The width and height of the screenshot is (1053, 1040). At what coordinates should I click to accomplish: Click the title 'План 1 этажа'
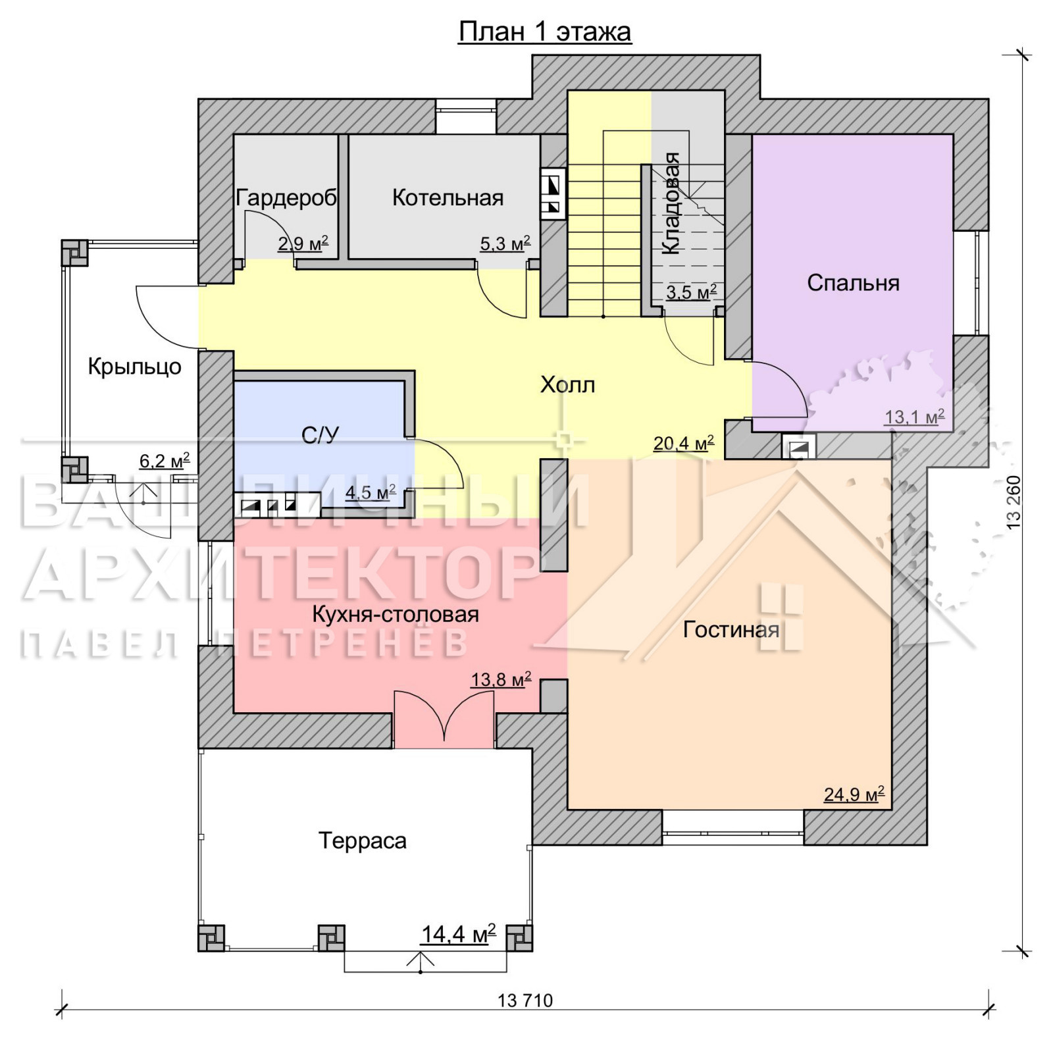545,32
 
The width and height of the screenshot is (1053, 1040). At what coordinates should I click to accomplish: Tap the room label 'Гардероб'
286,197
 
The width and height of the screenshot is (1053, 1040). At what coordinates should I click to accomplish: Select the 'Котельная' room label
448,197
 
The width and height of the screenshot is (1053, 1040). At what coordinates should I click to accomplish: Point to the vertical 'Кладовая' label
671,203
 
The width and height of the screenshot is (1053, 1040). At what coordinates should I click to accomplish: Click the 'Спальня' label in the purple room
853,283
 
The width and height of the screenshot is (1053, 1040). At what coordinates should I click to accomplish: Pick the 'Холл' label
567,384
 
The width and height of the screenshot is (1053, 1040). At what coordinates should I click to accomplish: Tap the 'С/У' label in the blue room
320,435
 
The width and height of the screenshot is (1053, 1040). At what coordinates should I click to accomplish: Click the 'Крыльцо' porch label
134,367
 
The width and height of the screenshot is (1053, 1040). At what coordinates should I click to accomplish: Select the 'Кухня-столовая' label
395,614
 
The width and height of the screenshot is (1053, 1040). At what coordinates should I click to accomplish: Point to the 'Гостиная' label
731,630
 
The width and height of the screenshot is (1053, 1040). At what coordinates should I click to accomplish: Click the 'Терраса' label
362,841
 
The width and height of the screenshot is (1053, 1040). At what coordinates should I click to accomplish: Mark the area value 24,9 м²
854,794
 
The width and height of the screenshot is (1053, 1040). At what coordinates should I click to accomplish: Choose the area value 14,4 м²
458,934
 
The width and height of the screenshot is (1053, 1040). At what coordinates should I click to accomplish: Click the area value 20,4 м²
683,443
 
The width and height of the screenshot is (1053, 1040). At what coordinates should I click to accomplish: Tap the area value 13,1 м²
914,417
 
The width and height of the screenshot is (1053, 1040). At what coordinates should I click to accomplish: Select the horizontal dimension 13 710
525,1001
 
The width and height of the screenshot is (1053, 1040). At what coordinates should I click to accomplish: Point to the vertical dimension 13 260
1014,502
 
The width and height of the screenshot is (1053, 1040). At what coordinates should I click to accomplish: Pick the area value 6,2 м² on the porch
165,461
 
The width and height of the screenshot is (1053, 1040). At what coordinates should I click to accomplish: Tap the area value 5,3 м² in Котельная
505,244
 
